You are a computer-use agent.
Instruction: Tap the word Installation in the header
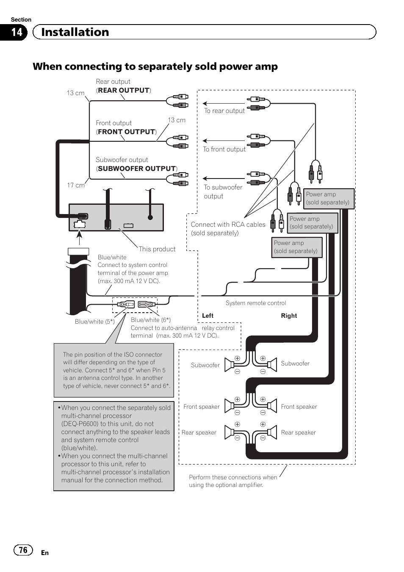(75, 32)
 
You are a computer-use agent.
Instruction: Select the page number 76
(23, 550)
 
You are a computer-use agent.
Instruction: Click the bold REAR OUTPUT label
(124, 90)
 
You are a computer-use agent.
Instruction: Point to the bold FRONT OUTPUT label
(126, 132)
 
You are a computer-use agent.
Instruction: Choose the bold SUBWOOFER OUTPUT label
(136, 168)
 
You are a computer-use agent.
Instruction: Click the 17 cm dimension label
(76, 185)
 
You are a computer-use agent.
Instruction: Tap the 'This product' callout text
(157, 249)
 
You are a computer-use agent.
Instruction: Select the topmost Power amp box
(329, 198)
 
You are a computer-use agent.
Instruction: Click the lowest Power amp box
(296, 247)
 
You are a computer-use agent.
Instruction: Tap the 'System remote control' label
(256, 303)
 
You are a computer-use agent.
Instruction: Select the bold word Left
(208, 316)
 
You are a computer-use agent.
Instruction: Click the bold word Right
(289, 316)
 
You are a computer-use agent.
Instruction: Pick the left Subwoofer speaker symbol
(230, 364)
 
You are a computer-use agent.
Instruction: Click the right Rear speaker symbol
(271, 432)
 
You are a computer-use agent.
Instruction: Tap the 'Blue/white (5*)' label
(94, 322)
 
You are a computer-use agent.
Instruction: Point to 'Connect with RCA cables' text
(228, 225)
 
